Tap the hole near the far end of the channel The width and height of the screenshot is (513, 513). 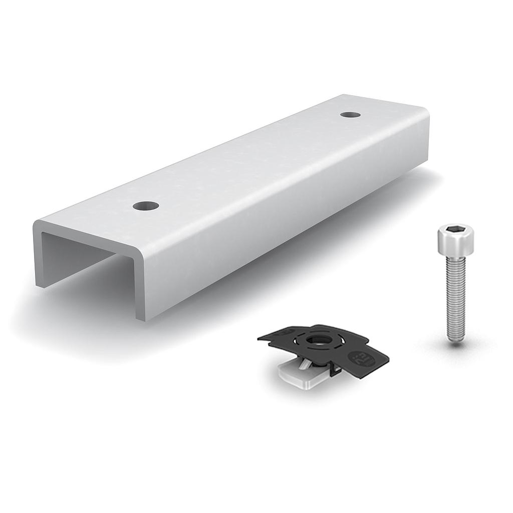point(350,115)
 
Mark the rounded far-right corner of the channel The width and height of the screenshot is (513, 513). point(426,113)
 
